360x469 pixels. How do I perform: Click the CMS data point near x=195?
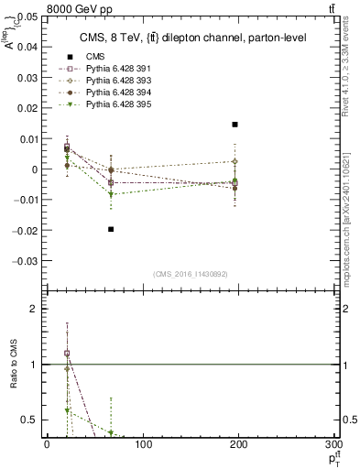(235, 125)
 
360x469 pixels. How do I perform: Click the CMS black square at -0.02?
(111, 229)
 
